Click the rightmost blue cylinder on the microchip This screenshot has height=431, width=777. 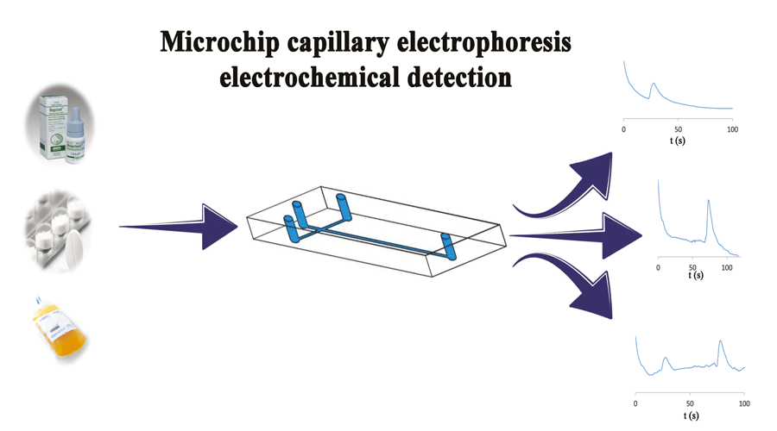point(446,245)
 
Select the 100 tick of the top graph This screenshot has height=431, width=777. point(732,128)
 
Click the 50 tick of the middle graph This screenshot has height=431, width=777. point(692,268)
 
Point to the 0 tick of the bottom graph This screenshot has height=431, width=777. point(635,403)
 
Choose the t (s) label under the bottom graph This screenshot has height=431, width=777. point(691,415)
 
